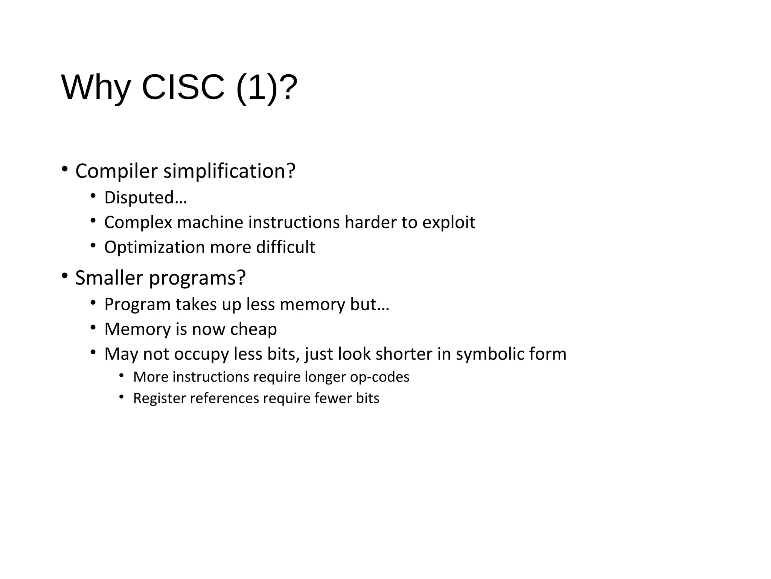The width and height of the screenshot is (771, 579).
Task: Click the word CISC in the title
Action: click(183, 87)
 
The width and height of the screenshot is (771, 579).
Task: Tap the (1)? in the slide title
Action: click(267, 88)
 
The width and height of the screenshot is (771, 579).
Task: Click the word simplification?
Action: click(229, 171)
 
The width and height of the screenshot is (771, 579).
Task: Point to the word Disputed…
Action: click(145, 198)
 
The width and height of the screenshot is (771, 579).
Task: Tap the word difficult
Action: click(285, 247)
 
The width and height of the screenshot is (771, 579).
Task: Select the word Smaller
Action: click(109, 278)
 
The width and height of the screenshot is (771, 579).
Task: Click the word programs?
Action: click(197, 278)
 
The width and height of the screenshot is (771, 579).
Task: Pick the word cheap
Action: click(253, 329)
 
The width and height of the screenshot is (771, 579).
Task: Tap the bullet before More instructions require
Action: click(121, 375)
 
